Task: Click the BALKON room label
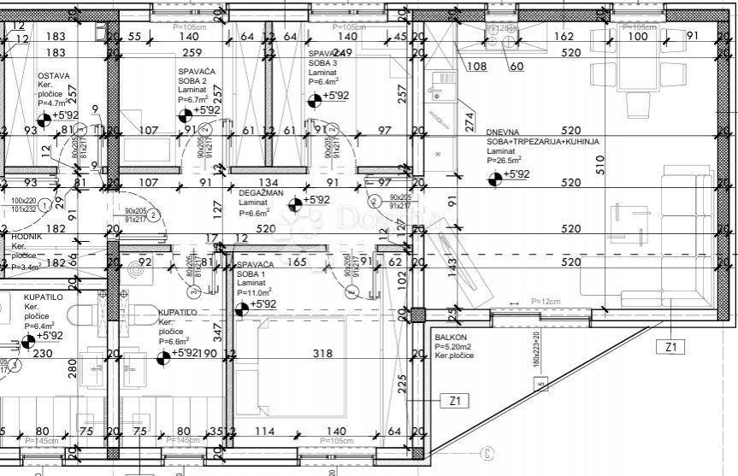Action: [452, 336]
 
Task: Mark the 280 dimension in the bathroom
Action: [73, 369]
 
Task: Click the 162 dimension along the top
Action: [563, 36]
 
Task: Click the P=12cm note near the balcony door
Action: [546, 302]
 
